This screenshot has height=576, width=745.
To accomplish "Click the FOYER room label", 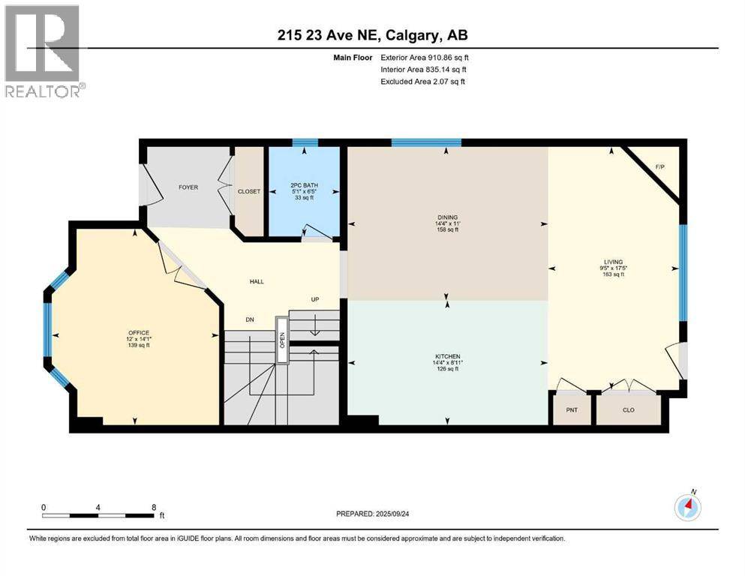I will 188,187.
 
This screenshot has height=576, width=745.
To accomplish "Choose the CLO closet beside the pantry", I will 629,410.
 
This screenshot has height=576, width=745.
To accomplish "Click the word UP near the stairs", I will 317,299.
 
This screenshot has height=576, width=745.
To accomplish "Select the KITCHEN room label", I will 447,356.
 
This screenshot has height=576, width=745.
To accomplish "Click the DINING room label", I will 447,217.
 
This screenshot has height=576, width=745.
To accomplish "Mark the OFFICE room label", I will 139,332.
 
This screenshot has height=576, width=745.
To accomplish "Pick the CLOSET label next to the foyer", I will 249,191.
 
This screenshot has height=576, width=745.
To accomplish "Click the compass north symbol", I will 687,508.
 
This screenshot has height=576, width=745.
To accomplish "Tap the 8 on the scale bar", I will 154,506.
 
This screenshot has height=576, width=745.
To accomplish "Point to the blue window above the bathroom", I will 305,142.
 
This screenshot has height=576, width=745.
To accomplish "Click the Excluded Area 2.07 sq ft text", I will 423,81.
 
